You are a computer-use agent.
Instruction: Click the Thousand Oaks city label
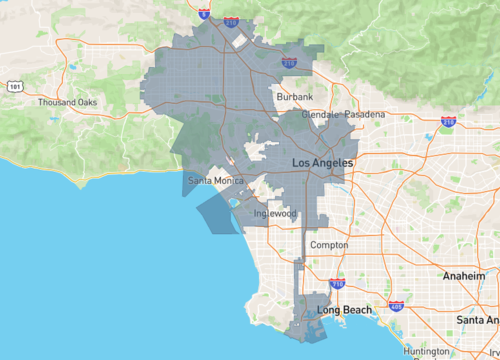point(68,103)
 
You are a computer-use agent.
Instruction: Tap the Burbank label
point(295,97)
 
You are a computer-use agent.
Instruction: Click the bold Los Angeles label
point(321,162)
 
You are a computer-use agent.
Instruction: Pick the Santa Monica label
point(215,181)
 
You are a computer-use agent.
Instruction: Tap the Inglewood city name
point(275,213)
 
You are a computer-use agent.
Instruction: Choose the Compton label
point(329,245)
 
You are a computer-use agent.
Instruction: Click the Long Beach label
point(344,310)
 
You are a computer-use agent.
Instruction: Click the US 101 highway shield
point(14,87)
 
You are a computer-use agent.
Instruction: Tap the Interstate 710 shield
point(336,284)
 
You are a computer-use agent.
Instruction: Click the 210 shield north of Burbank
point(289,62)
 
